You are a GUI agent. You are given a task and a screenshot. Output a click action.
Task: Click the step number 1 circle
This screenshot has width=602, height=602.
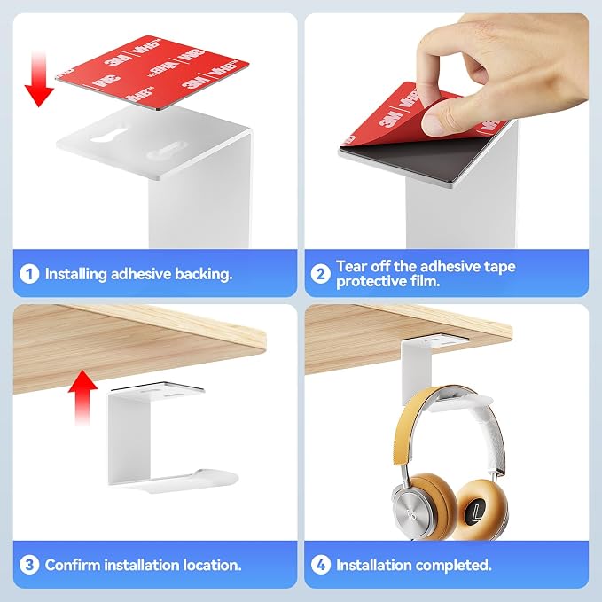tap(29, 274)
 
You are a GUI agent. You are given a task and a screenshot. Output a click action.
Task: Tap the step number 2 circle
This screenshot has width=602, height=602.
tap(321, 274)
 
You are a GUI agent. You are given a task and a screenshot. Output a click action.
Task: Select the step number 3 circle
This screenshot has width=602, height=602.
tap(29, 565)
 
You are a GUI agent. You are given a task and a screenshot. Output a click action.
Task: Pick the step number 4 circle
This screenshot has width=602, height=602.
tap(321, 565)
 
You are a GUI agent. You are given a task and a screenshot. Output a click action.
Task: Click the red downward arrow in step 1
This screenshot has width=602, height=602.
tap(39, 79)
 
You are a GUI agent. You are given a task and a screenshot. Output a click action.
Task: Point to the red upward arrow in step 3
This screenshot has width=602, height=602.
tap(82, 397)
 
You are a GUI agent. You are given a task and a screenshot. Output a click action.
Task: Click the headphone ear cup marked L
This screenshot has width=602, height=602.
tap(481, 509)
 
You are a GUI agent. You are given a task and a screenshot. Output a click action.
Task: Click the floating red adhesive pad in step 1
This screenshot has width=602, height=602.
tap(152, 72)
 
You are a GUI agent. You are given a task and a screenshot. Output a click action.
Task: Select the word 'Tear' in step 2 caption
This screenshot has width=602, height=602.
tap(350, 267)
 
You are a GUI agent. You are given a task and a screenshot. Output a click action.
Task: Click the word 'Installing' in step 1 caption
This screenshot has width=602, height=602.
tap(75, 275)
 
